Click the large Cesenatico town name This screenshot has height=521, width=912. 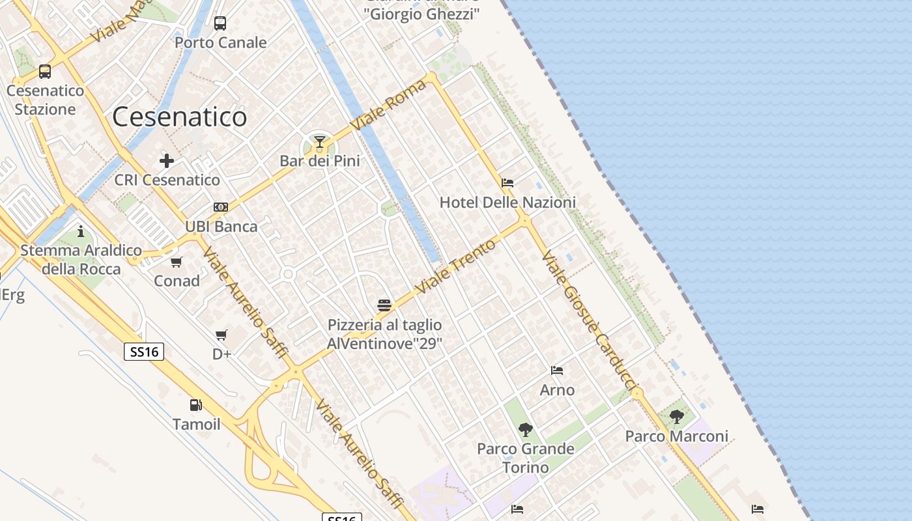180,117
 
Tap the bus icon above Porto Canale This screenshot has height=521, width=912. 220,23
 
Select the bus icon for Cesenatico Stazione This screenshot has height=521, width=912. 45,72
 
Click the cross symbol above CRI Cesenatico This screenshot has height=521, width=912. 167,160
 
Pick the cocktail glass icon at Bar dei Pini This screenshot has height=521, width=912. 319,142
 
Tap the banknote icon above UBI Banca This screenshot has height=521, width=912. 221,207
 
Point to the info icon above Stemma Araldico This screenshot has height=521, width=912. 81,231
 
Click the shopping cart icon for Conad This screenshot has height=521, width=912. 177,262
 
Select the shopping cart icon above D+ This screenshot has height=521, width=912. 221,335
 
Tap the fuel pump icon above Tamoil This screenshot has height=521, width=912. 195,405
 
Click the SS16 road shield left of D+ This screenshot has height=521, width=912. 144,352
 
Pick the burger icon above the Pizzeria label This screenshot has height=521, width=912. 384,305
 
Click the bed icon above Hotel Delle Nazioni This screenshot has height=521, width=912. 507,183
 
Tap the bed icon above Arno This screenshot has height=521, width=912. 557,371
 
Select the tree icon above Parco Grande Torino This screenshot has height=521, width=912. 526,430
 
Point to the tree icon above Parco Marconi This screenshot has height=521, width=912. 677,417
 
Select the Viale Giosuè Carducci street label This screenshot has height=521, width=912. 589,322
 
